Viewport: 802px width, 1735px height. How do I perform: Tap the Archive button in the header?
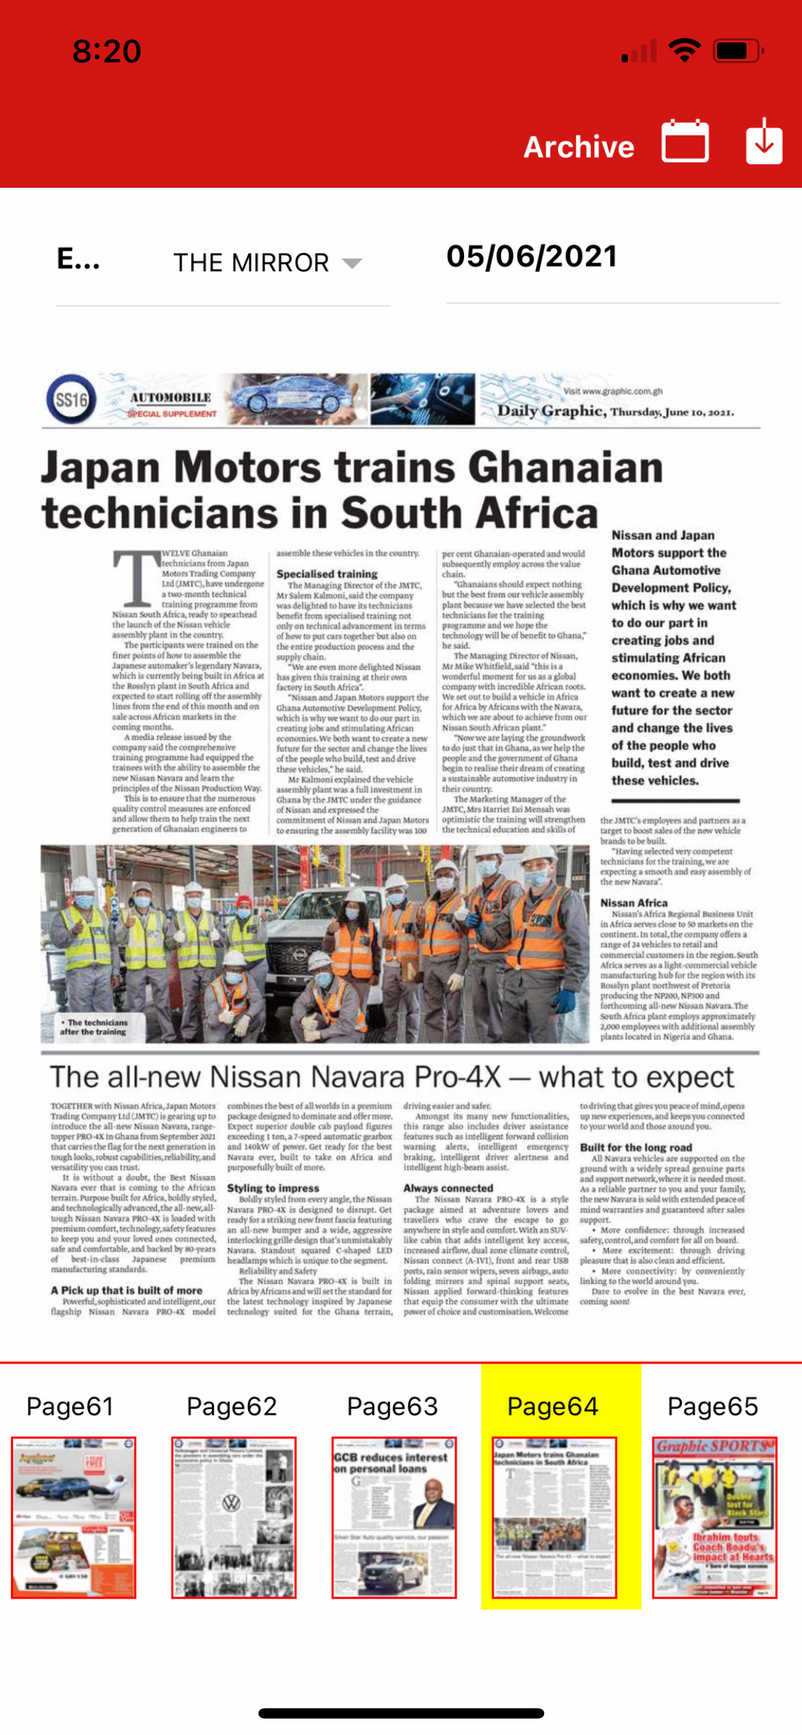pos(579,147)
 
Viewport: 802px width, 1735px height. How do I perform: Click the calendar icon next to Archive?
pos(685,141)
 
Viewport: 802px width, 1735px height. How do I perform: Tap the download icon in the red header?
pos(764,141)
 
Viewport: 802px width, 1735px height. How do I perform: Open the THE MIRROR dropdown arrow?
pos(352,263)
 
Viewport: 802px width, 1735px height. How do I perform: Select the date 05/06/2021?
pos(532,257)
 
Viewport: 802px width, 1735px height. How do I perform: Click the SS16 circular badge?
pos(71,399)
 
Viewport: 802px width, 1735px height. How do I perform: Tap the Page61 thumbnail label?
pos(70,1407)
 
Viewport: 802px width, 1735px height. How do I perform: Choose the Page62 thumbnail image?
pos(234,1516)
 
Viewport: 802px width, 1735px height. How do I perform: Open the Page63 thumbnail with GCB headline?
pos(394,1516)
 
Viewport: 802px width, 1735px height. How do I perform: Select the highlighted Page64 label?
pos(553,1407)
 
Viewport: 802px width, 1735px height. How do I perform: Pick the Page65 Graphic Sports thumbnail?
pos(714,1516)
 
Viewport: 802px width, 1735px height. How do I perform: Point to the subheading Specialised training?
pos(327,574)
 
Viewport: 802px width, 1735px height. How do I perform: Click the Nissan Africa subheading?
pos(634,903)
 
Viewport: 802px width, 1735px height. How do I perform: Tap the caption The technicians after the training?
pos(93,1026)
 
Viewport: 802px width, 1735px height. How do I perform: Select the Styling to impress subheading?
pos(273,1188)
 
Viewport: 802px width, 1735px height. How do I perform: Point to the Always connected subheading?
pos(448,1188)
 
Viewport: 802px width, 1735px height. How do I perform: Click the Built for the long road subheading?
pos(635,1148)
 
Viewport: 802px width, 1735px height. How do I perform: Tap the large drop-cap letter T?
pos(136,579)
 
